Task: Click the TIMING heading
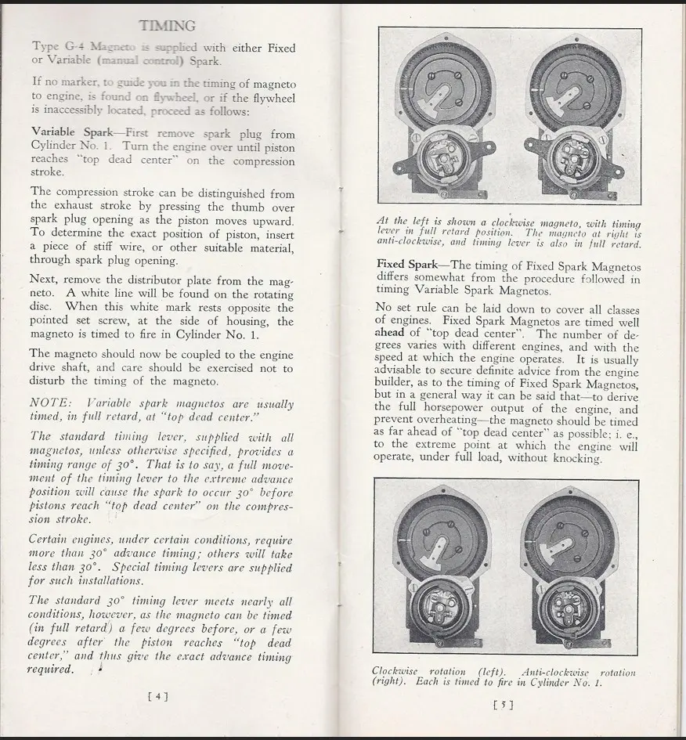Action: pos(166,26)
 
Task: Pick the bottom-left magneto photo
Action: pos(440,568)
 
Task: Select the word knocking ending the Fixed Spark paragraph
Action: pos(576,459)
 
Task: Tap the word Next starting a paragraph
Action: pos(45,280)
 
